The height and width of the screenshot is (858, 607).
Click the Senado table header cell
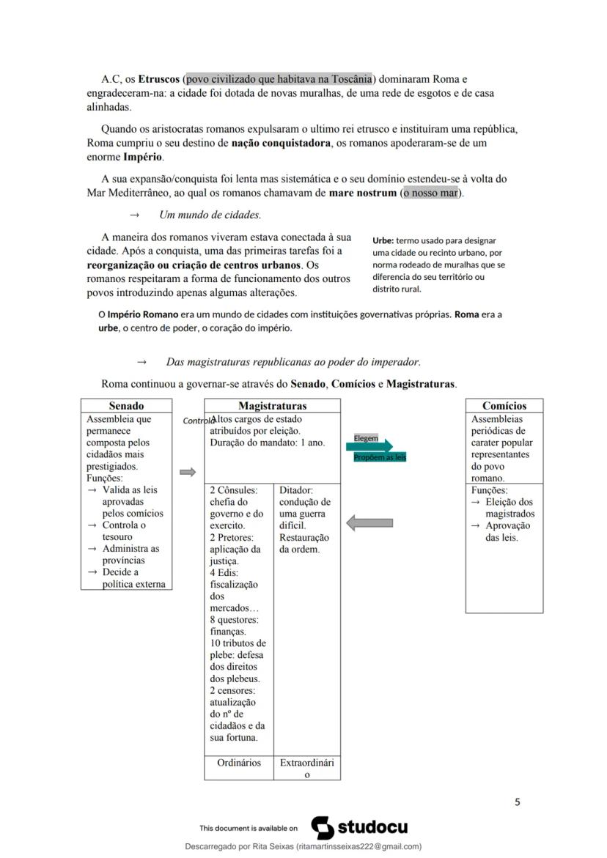[x=126, y=405]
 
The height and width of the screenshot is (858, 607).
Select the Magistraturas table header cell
[x=272, y=405]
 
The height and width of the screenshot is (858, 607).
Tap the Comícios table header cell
[x=504, y=405]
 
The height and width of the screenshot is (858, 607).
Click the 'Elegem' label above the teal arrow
[x=366, y=438]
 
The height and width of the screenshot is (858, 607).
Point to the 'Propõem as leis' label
[x=380, y=457]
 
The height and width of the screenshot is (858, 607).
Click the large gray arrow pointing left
[x=369, y=522]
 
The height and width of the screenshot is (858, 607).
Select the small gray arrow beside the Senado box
[x=188, y=473]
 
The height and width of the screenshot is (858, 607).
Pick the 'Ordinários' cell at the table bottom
[x=239, y=763]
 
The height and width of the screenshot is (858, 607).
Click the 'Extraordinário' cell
[x=307, y=768]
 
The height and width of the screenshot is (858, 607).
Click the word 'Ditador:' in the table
[x=296, y=490]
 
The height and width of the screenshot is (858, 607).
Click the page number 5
[x=517, y=802]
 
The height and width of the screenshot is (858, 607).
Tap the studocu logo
[x=360, y=828]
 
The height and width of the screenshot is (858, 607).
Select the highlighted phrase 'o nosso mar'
[x=431, y=193]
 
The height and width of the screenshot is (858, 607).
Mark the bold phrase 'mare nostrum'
[x=362, y=193]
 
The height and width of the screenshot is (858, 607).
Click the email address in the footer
[x=358, y=846]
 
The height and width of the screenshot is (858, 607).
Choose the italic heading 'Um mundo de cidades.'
[x=210, y=215]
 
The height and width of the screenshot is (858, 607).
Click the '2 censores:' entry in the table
[x=233, y=690]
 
